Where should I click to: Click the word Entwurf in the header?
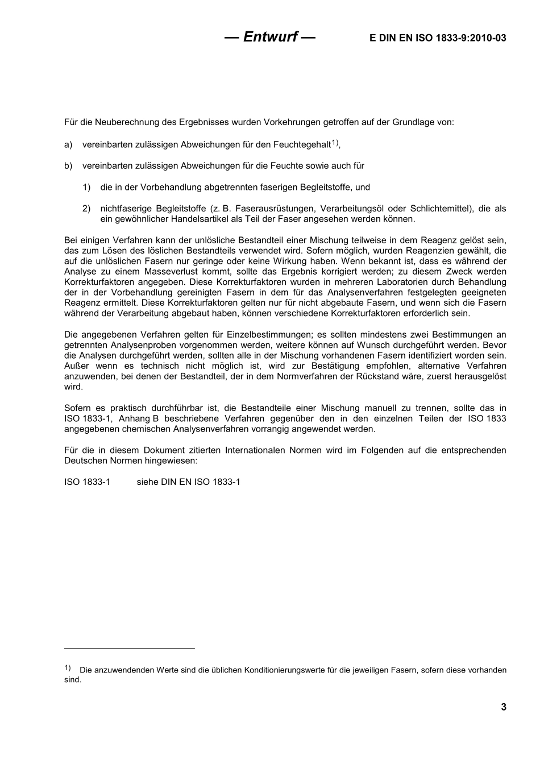click(270, 37)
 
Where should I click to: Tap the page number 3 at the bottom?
click(503, 707)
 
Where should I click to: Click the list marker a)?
click(68, 145)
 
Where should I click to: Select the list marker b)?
click(68, 166)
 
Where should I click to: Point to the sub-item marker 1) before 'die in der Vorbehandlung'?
click(86, 187)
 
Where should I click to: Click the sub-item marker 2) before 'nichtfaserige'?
click(86, 209)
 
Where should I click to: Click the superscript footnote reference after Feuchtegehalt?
click(335, 143)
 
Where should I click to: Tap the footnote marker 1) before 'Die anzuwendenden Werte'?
click(68, 668)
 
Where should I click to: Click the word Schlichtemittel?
click(440, 209)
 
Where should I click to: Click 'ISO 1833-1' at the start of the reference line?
click(88, 482)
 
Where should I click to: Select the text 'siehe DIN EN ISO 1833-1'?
click(188, 482)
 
